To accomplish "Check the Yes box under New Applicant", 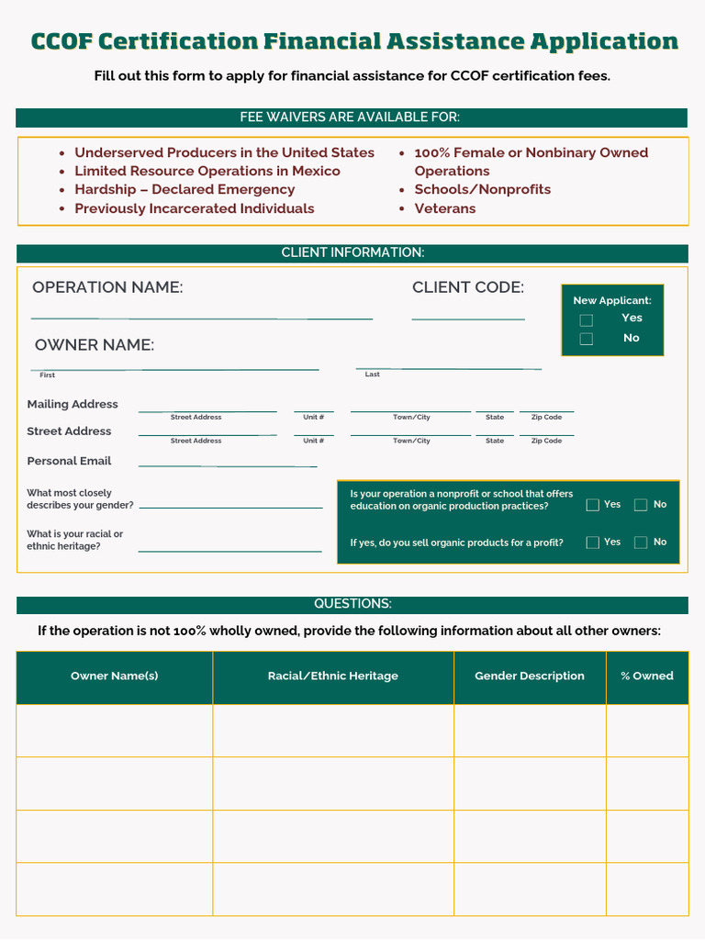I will pos(586,320).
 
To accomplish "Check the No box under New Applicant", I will pos(586,339).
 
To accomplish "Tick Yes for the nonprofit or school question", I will pos(593,505).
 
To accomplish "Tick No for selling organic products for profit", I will pos(641,543).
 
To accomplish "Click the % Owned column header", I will pos(647,677).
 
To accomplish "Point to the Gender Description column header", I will pos(530,677).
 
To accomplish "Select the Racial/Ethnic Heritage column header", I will pos(333,677).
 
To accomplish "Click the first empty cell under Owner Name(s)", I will pos(115,731).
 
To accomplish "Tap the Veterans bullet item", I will pos(445,208).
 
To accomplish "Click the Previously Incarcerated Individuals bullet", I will pos(195,208).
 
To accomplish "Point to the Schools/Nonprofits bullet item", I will pos(483,190).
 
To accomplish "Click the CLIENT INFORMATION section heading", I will pos(352,252).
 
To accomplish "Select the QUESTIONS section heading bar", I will pos(352,604).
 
